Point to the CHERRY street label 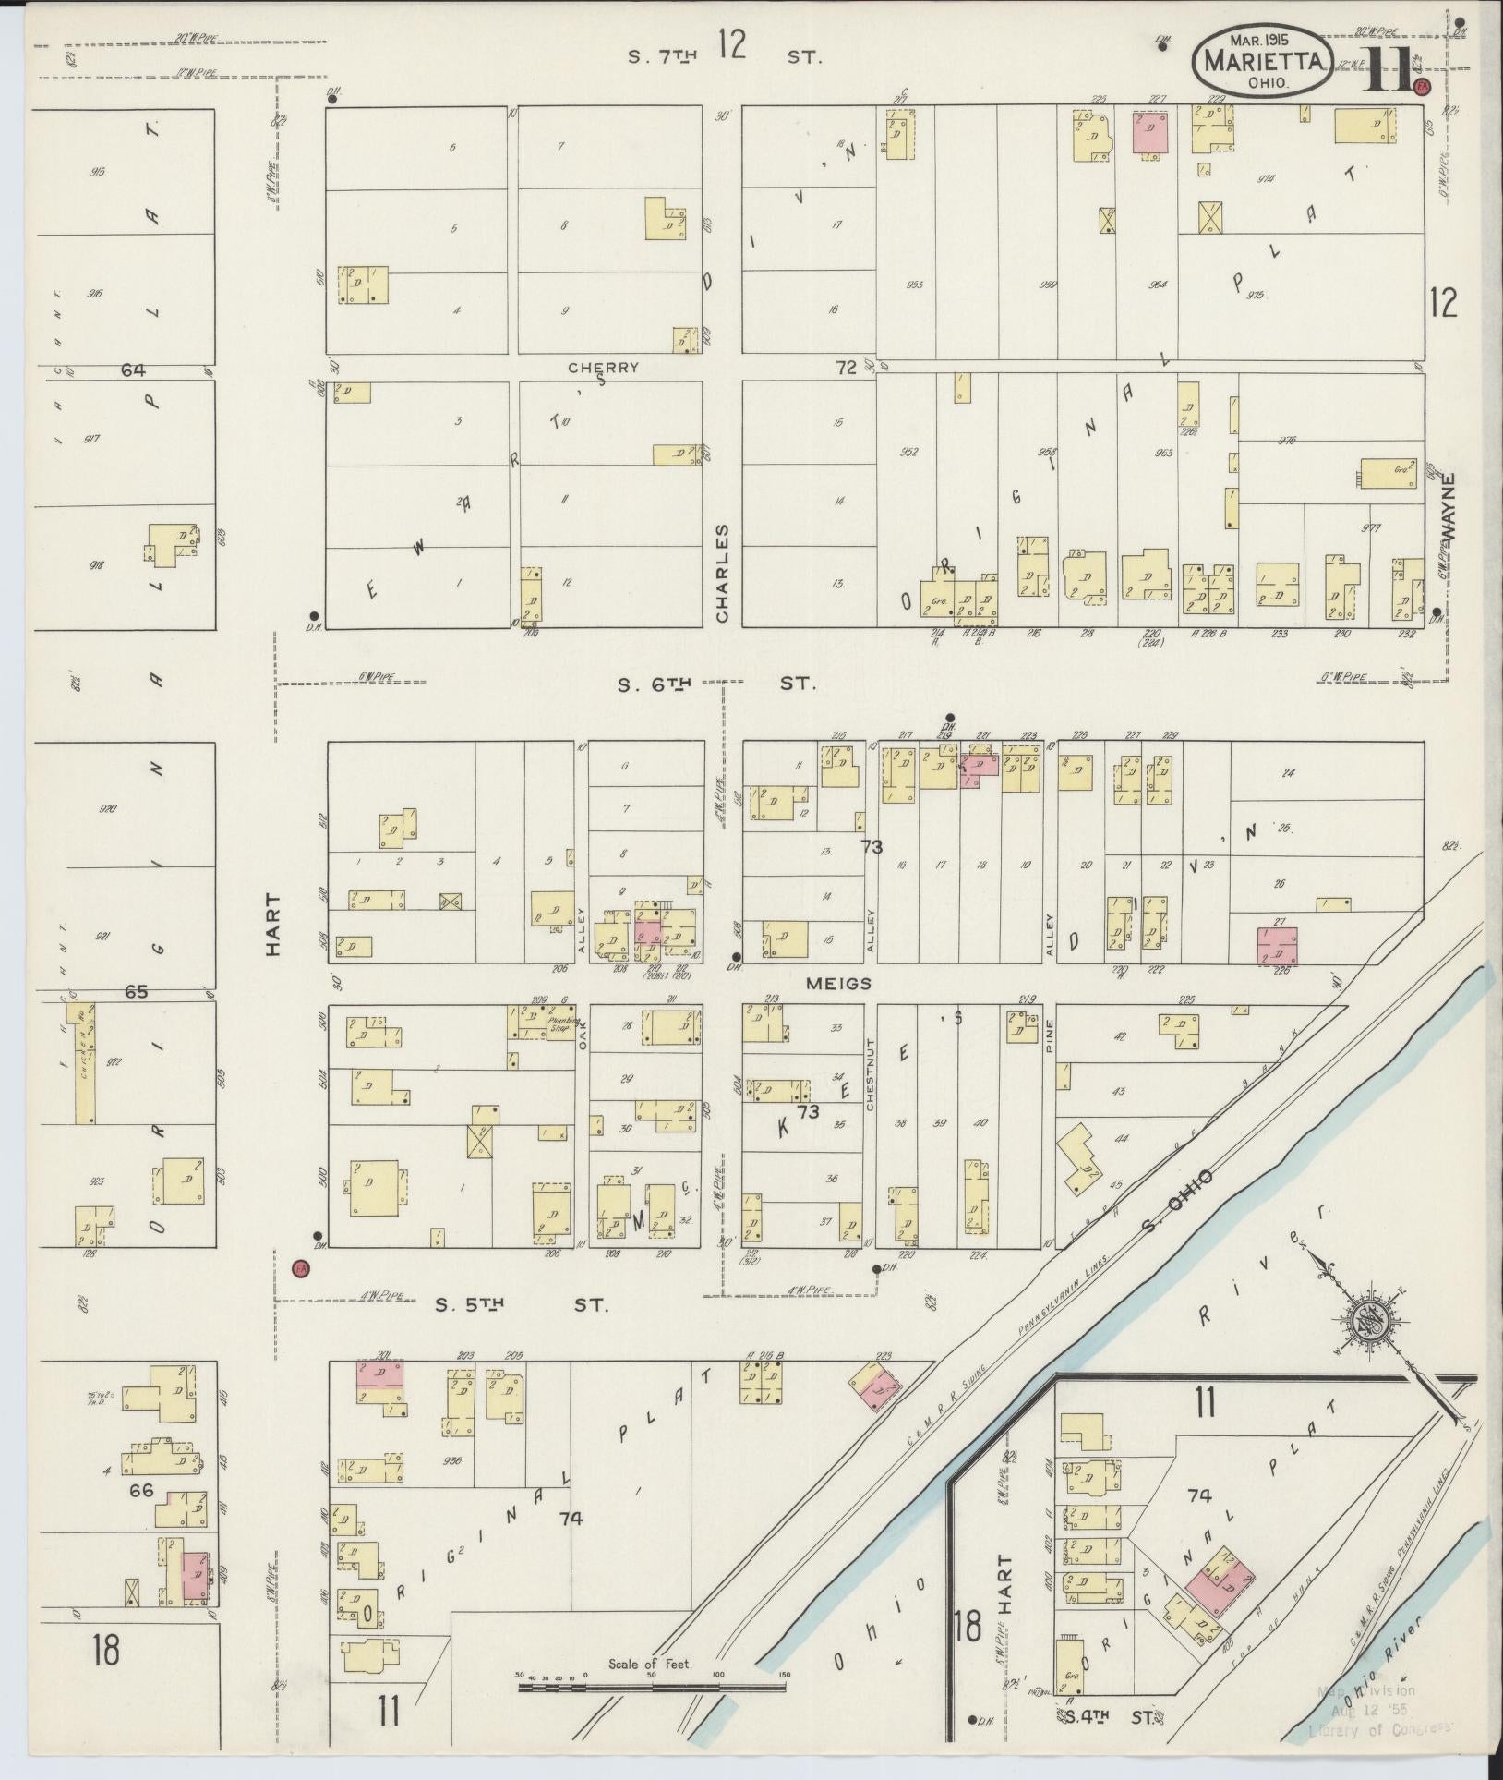[603, 368]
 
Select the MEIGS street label [837, 985]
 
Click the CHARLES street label [722, 573]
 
